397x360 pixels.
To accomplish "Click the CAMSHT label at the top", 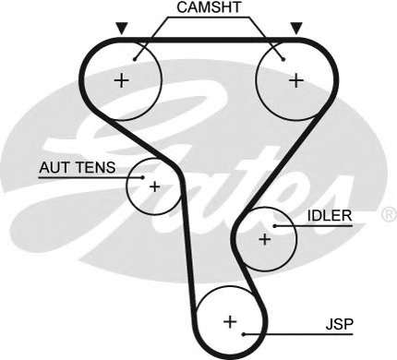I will tap(209, 9).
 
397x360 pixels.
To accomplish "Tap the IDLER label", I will tap(329, 216).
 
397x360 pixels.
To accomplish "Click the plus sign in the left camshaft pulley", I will tap(121, 80).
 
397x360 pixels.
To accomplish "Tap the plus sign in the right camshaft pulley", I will tap(295, 80).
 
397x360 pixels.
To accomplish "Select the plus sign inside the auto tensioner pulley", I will tap(154, 186).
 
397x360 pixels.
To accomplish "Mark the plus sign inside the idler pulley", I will tap(264, 239).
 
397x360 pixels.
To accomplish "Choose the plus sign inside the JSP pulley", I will tap(230, 322).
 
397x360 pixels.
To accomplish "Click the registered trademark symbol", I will tap(388, 214).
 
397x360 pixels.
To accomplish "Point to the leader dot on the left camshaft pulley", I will tap(136, 57).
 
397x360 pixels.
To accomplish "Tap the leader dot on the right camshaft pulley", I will tap(282, 57).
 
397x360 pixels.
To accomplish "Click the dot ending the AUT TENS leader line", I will tap(144, 175).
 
